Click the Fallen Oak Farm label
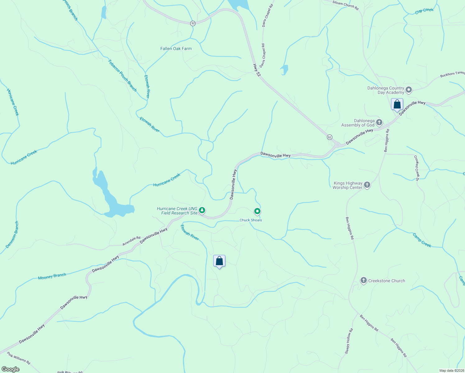point(176,48)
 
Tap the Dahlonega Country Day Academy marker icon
point(409,90)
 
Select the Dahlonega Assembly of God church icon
point(379,122)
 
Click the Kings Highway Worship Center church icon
point(367,185)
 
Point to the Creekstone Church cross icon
point(363,280)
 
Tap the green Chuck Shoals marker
point(257,212)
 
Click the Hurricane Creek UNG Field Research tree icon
point(202,210)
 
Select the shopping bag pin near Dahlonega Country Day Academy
point(397,104)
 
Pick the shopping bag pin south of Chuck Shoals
point(219,261)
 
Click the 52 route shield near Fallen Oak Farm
point(193,23)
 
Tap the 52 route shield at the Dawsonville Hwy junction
point(329,137)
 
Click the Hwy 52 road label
point(257,70)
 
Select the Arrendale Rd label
point(131,241)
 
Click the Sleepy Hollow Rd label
point(349,341)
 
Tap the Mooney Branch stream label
point(52,276)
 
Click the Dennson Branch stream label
point(12,235)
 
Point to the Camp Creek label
point(422,240)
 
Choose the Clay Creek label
point(424,11)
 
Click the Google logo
point(11,369)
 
